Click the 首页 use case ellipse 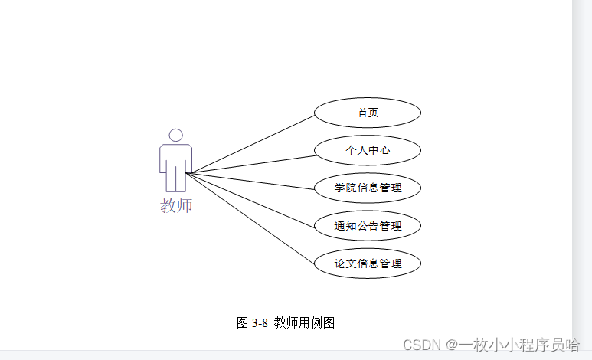point(368,113)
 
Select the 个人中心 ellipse point(368,150)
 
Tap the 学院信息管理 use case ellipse point(368,188)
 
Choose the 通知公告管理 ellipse point(368,226)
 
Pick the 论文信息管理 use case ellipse point(368,263)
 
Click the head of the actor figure point(176,136)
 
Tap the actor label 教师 point(176,205)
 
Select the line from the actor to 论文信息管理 point(253,220)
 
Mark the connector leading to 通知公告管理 point(253,200)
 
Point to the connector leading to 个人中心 point(253,165)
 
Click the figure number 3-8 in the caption point(260,323)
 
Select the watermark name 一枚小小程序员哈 point(519,345)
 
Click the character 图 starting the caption point(243,323)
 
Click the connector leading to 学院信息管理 point(253,182)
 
